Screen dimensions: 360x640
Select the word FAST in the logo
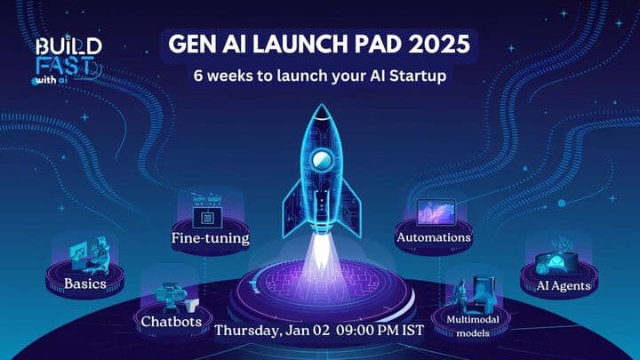68,65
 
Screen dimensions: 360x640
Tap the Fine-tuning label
210,238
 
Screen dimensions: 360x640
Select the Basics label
84,284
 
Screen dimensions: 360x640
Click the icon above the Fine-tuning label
210,213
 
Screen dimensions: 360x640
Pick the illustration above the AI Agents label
560,259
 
